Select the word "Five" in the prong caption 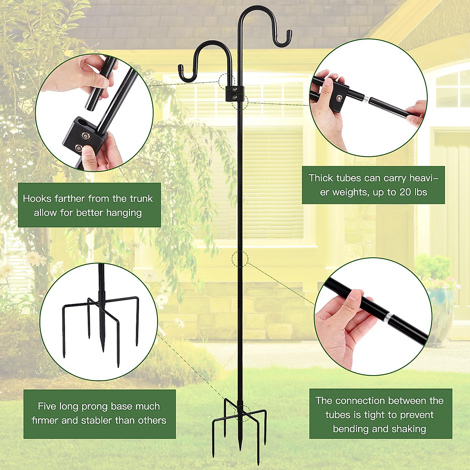(47, 406)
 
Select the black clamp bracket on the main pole (235, 93)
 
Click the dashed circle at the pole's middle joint (240, 259)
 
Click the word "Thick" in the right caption (321, 178)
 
